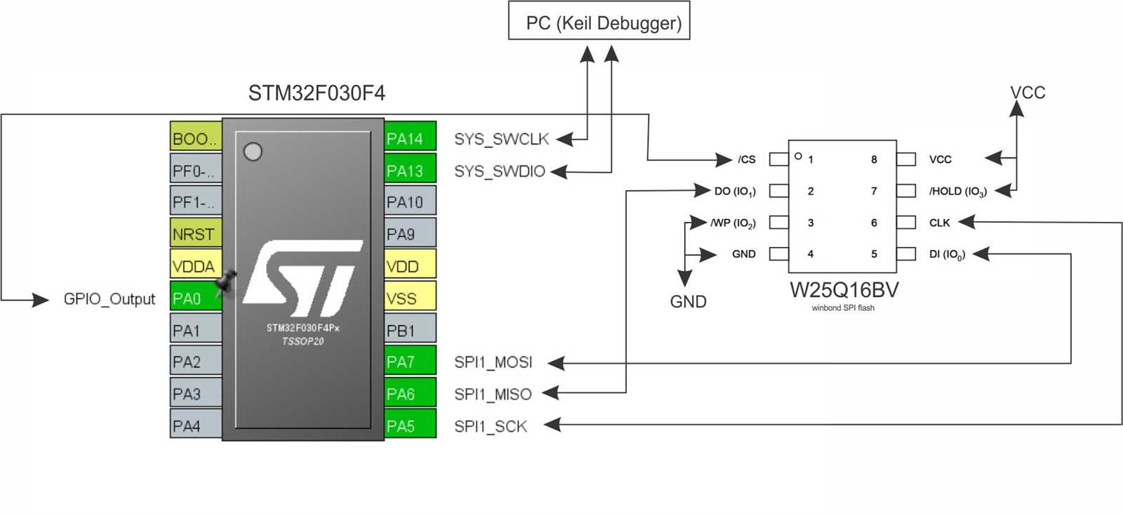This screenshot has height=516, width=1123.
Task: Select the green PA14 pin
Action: [x=410, y=138]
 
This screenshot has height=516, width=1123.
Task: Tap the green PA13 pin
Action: [x=410, y=170]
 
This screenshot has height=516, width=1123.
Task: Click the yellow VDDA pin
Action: [x=195, y=266]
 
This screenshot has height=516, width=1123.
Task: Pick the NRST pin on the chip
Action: [x=195, y=234]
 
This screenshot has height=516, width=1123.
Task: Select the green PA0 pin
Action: [x=195, y=298]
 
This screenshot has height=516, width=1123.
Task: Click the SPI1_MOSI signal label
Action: [x=493, y=362]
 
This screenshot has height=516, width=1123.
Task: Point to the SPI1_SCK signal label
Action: [x=490, y=426]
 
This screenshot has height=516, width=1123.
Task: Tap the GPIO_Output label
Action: [x=109, y=299]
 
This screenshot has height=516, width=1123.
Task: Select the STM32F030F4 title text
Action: [x=316, y=93]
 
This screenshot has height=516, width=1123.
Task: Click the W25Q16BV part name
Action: [x=843, y=290]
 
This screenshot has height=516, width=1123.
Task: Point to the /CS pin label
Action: [x=746, y=159]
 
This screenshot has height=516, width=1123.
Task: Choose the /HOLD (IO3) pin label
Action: [x=957, y=191]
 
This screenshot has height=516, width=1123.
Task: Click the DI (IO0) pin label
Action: [x=947, y=254]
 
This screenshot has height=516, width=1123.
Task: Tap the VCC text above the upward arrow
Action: [x=1027, y=93]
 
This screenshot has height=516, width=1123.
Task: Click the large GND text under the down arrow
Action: [x=688, y=302]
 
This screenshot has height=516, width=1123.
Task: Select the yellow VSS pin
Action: [x=410, y=298]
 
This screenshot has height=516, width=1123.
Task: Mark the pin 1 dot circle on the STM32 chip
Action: [x=253, y=152]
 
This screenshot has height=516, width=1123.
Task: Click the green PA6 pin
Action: [x=410, y=394]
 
